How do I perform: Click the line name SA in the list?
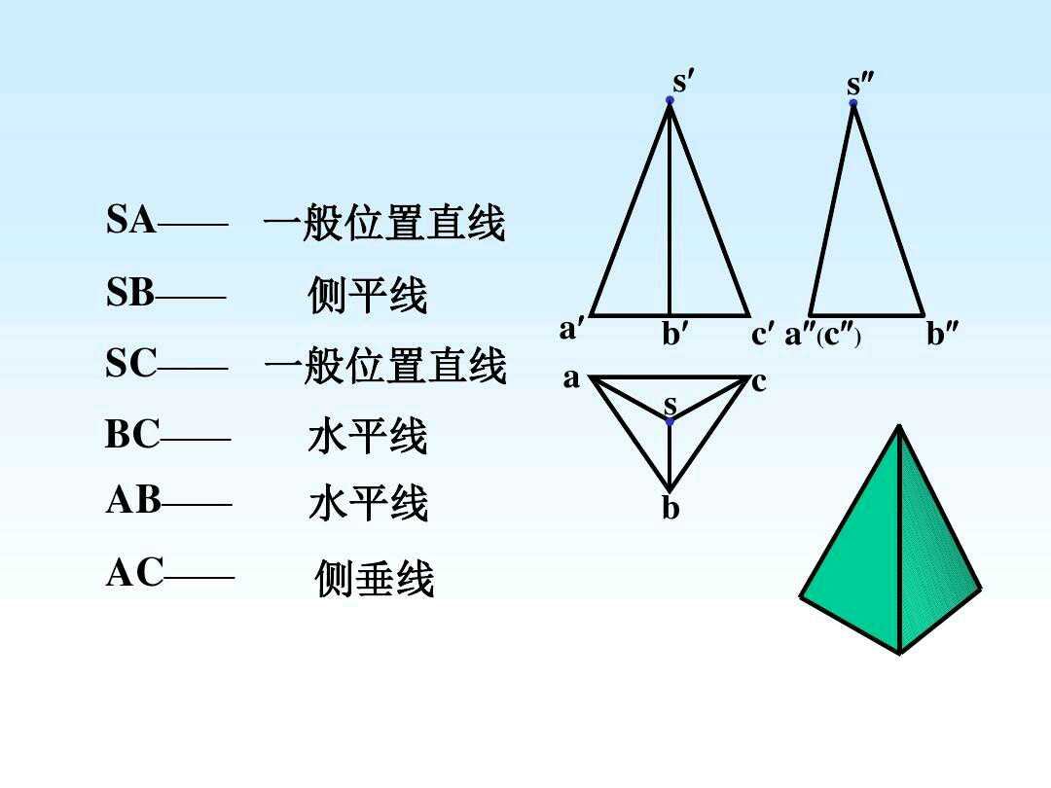pyautogui.click(x=131, y=221)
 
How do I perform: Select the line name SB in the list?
pyautogui.click(x=131, y=293)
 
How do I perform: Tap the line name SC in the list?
pyautogui.click(x=131, y=364)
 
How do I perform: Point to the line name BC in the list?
pyautogui.click(x=132, y=435)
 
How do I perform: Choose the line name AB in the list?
pyautogui.click(x=133, y=500)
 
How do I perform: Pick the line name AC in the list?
pyautogui.click(x=135, y=574)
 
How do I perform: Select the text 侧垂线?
pyautogui.click(x=375, y=580)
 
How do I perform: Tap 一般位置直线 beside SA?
pyautogui.click(x=384, y=225)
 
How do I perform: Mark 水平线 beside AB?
pyautogui.click(x=368, y=505)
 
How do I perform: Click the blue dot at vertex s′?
pyautogui.click(x=670, y=100)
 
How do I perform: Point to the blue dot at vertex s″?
pyautogui.click(x=853, y=102)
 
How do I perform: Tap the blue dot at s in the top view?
pyautogui.click(x=670, y=421)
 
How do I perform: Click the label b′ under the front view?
pyautogui.click(x=676, y=335)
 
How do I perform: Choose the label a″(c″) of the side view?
pyautogui.click(x=822, y=335)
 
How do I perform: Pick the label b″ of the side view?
pyautogui.click(x=941, y=335)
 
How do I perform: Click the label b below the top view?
pyautogui.click(x=670, y=509)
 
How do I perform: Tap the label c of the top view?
pyautogui.click(x=759, y=382)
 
